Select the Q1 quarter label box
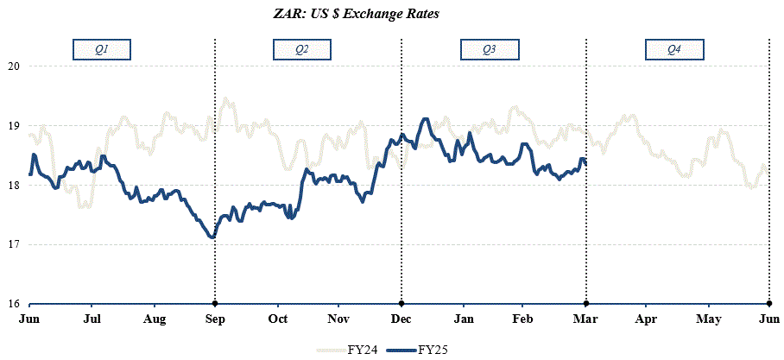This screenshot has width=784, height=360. click(101, 50)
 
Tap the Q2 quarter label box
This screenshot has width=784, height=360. click(301, 50)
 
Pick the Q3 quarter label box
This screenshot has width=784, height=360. click(489, 50)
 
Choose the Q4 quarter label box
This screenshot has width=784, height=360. click(674, 50)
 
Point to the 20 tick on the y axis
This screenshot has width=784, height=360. click(13, 66)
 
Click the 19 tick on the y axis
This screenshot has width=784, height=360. click(13, 125)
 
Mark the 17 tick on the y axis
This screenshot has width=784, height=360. click(13, 244)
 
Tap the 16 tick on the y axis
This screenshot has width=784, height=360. click(13, 304)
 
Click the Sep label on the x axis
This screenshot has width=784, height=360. click(215, 319)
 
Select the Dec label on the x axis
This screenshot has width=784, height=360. click(401, 319)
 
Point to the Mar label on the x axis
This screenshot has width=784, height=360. click(586, 319)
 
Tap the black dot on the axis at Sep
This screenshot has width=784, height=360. click(215, 304)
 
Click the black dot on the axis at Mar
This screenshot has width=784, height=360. click(586, 304)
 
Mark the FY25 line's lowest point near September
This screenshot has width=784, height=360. click(212, 237)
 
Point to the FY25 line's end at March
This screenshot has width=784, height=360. click(585, 163)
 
